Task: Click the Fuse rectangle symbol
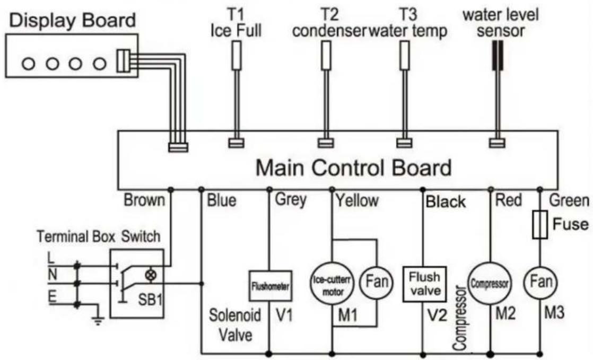539,225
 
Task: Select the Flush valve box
424,284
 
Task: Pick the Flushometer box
271,286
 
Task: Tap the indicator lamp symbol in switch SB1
151,275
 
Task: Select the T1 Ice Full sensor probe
237,56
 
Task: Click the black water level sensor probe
498,56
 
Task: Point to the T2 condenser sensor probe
326,56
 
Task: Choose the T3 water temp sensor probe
405,56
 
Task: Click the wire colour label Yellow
357,200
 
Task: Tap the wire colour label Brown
144,200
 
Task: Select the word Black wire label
446,202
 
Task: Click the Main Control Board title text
354,168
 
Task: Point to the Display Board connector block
123,61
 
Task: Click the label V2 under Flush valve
438,314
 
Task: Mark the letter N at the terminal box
52,275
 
